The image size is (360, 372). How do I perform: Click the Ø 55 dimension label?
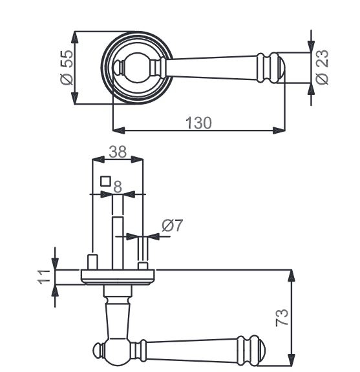point(67,68)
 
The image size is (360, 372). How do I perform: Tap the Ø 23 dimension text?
point(322,67)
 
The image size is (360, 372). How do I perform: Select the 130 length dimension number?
point(198,123)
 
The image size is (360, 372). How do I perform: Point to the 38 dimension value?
point(118,152)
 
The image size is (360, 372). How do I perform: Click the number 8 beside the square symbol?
point(118,187)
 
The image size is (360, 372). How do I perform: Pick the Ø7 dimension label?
point(172,225)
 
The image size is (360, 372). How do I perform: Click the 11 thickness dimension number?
point(44,276)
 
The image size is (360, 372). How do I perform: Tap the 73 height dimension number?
point(282,318)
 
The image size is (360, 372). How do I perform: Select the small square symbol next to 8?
point(105,181)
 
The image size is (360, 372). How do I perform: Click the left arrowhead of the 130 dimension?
point(118,130)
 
